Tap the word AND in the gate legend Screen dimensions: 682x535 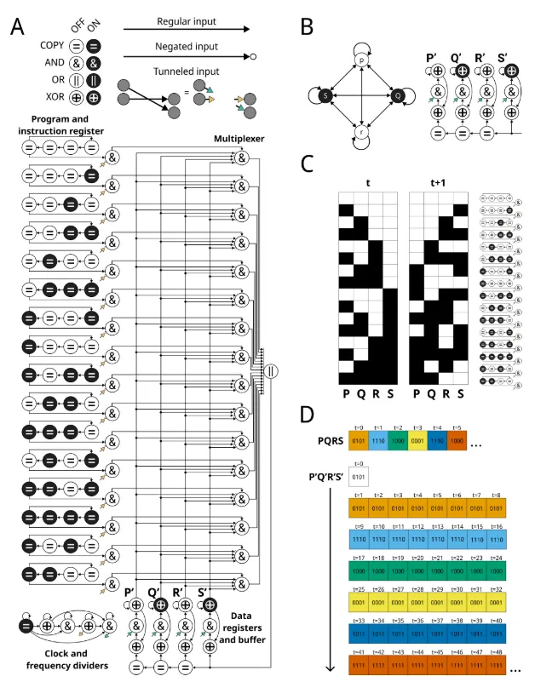click(49, 63)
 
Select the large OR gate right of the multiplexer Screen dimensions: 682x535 click(271, 370)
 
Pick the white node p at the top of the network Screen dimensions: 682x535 click(361, 61)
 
